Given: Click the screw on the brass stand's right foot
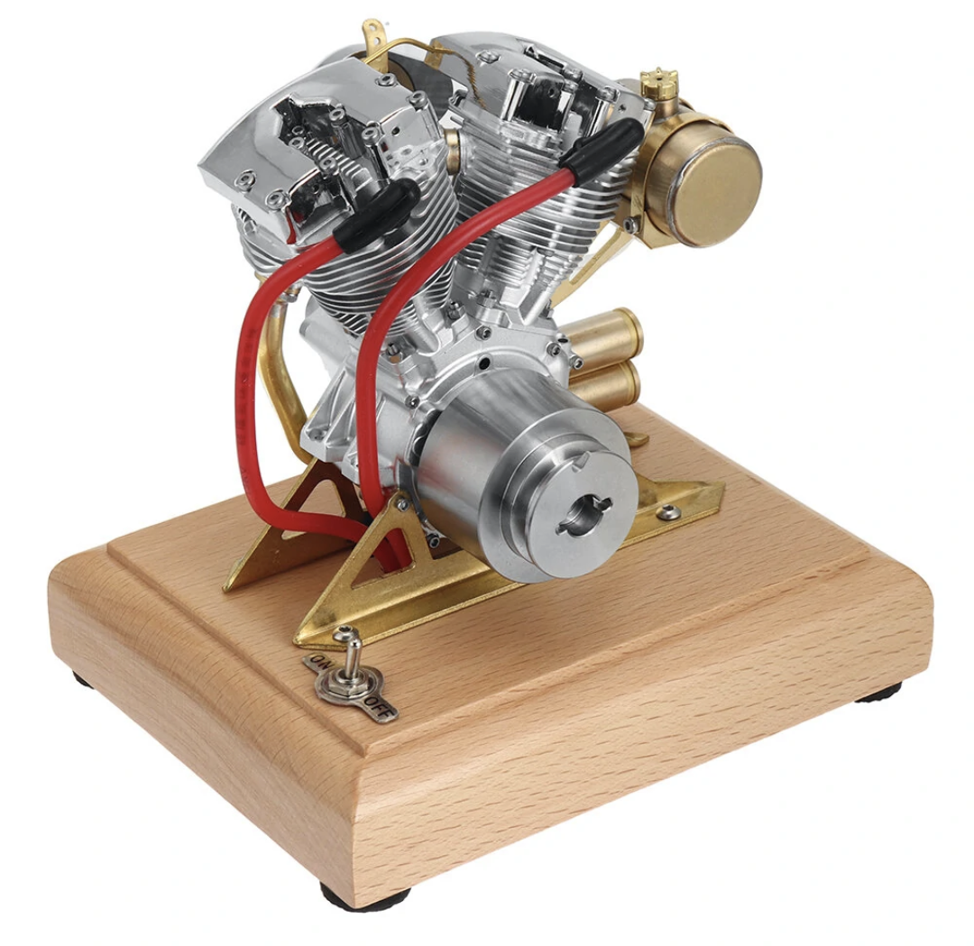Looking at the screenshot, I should click(668, 513).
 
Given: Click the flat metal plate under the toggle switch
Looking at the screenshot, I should click(356, 690).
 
